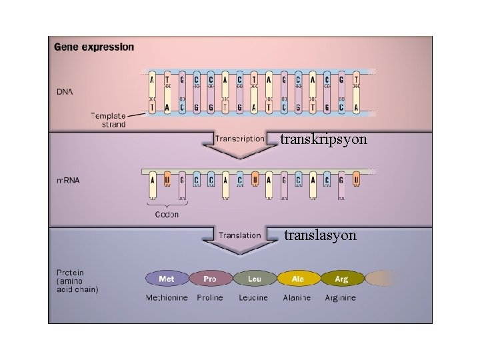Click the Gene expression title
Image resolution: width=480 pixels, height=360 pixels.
pyautogui.click(x=93, y=47)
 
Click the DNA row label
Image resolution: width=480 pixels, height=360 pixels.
pyautogui.click(x=65, y=91)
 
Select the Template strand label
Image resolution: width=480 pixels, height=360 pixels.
pyautogui.click(x=108, y=120)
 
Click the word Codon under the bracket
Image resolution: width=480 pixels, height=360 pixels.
pyautogui.click(x=166, y=215)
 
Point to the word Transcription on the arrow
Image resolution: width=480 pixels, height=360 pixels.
pyautogui.click(x=239, y=139)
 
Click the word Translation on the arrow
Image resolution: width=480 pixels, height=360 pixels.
pyautogui.click(x=239, y=235)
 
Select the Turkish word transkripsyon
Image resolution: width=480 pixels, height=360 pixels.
pyautogui.click(x=323, y=140)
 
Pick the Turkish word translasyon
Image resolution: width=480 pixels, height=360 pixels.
pyautogui.click(x=320, y=235)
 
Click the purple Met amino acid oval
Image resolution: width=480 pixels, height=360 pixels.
pyautogui.click(x=167, y=279)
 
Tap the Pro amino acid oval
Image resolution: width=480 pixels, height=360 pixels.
pyautogui.click(x=210, y=279)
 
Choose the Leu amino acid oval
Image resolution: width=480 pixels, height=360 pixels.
pyautogui.click(x=254, y=279)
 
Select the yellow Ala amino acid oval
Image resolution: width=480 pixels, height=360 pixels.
pyautogui.click(x=298, y=279)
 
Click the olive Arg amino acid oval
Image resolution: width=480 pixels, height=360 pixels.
pyautogui.click(x=341, y=279)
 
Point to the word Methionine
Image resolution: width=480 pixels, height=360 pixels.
pyautogui.click(x=167, y=297)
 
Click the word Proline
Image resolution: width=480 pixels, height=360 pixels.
pyautogui.click(x=210, y=297)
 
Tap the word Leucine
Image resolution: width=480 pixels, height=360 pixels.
pyautogui.click(x=253, y=297)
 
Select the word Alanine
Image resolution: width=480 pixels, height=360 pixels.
pyautogui.click(x=297, y=297)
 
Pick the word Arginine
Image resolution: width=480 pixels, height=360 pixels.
pyautogui.click(x=341, y=297)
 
